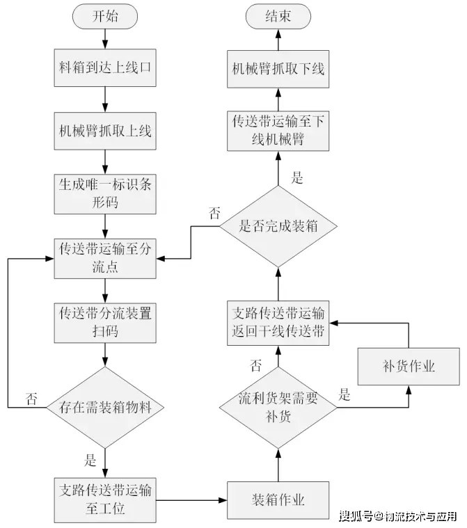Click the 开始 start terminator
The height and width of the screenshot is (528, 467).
point(105,17)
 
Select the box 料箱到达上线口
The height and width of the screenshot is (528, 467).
point(105,68)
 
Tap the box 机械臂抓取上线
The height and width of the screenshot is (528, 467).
point(105,130)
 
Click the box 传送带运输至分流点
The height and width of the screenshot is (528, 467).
point(105,258)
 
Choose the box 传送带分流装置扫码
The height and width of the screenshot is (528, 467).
point(105,322)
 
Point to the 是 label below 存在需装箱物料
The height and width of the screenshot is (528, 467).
point(90,459)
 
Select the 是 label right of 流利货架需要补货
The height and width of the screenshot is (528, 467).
point(345,395)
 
